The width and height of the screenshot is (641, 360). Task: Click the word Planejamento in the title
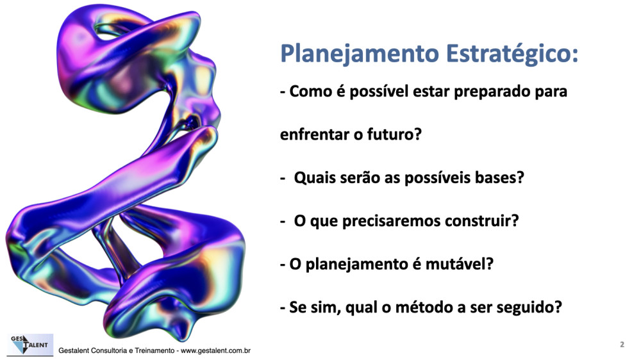360,54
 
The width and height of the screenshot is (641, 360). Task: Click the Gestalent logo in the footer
30,345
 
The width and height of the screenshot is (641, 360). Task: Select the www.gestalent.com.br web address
215,350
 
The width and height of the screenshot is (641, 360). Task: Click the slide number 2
622,345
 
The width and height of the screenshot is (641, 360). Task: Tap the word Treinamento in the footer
154,350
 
